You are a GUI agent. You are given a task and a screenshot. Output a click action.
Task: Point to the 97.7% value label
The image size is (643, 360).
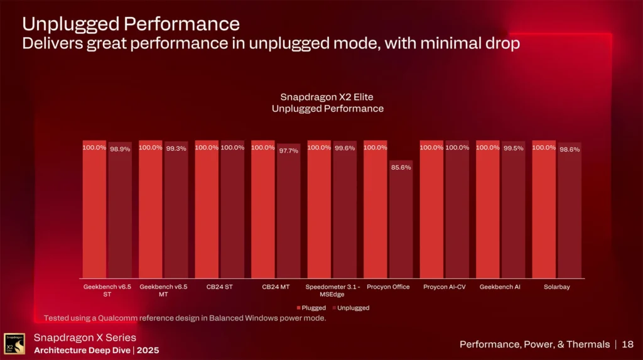tap(289, 151)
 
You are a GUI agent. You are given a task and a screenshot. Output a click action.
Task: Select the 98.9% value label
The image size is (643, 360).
tap(120, 149)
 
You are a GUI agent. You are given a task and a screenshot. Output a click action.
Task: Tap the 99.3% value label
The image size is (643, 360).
tap(176, 148)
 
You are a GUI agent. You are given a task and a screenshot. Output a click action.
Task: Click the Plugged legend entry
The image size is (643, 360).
tap(311, 308)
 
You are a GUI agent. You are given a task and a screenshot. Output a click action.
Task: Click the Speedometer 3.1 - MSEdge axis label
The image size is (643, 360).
tap(332, 290)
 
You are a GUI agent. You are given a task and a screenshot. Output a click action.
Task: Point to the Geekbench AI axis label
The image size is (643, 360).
tap(500, 286)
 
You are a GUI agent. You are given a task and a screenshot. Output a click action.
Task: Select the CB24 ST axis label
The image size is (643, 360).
tap(220, 286)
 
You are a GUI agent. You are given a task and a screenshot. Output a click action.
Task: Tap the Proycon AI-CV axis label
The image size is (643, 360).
tap(444, 286)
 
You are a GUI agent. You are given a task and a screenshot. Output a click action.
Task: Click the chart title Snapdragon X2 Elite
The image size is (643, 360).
tap(327, 97)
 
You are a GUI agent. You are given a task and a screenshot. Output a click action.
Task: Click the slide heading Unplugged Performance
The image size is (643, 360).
tap(131, 24)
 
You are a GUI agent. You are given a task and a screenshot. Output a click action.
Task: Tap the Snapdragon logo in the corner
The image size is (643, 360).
tap(14, 343)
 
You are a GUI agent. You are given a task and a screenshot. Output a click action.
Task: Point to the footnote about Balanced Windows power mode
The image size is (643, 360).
tap(185, 318)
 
